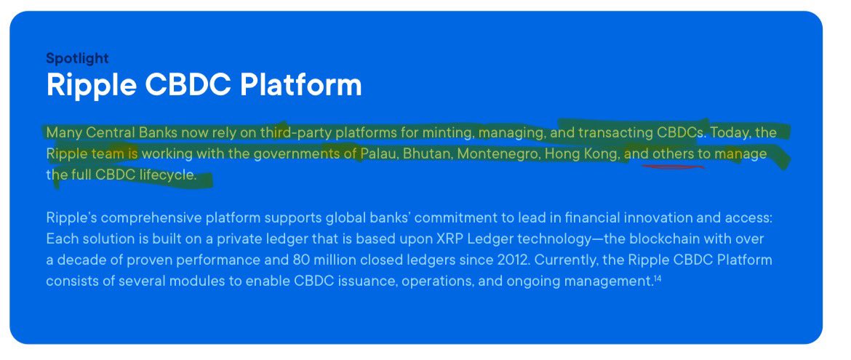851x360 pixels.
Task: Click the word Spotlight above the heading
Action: click(77, 58)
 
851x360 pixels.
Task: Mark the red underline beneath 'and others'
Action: click(673, 167)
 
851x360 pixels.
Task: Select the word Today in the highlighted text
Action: click(729, 133)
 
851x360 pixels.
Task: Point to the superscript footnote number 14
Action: click(657, 278)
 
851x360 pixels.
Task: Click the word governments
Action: click(289, 154)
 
